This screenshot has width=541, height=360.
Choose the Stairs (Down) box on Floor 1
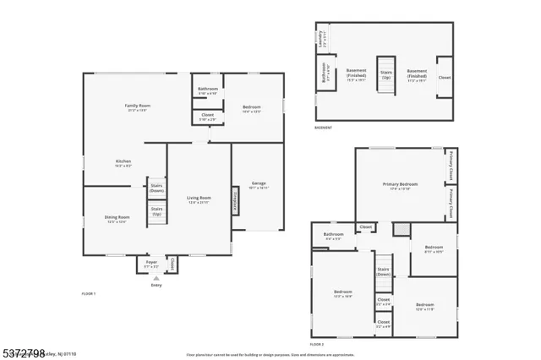pyautogui.click(x=156, y=188)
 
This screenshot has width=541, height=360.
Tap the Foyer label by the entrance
pyautogui.click(x=151, y=263)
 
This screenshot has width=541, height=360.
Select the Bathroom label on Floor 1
pyautogui.click(x=208, y=89)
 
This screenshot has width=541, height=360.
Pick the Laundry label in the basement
pyautogui.click(x=321, y=38)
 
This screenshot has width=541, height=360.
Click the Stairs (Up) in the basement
pyautogui.click(x=385, y=74)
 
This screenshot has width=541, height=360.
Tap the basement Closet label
pyautogui.click(x=445, y=77)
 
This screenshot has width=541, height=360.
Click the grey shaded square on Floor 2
pyautogui.click(x=402, y=229)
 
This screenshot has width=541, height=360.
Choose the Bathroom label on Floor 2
pyautogui.click(x=334, y=235)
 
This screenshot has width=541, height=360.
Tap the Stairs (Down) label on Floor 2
pyautogui.click(x=384, y=271)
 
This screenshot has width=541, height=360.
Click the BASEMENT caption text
pyautogui.click(x=323, y=128)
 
